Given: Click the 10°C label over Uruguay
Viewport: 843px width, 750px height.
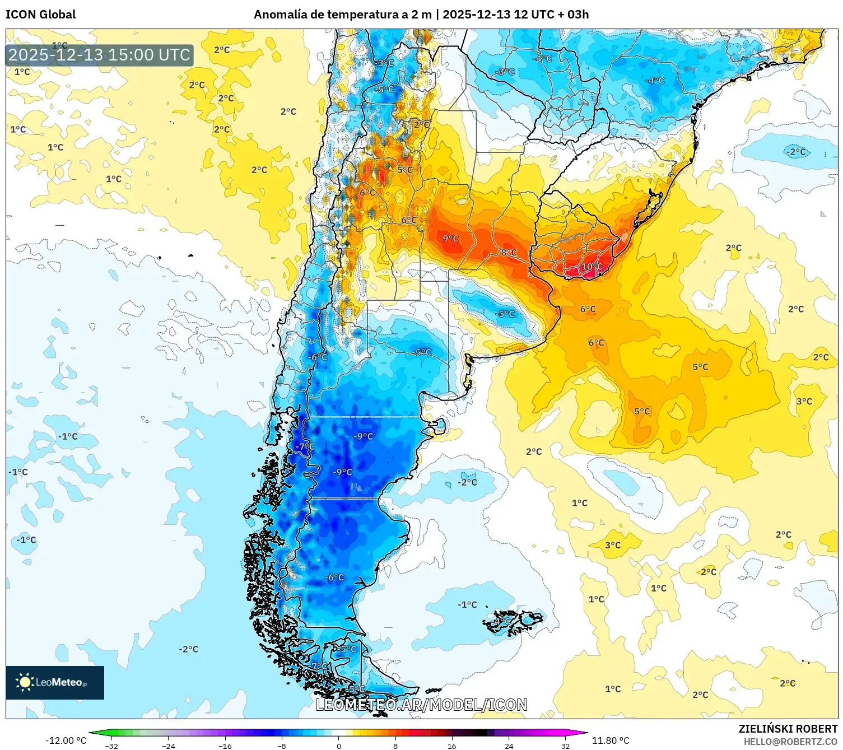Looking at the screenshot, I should pos(592,267).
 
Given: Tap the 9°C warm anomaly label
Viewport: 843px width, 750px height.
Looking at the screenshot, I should pos(450,239).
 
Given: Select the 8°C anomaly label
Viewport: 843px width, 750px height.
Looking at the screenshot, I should pos(509,253).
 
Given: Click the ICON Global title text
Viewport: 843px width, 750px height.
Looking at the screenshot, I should pos(40,15).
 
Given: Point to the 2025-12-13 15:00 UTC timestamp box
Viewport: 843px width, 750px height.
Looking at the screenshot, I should pos(100,55).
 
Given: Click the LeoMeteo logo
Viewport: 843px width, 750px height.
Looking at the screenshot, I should pos(55,682).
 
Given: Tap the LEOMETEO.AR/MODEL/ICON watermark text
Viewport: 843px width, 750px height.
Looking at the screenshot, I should pos(421,705).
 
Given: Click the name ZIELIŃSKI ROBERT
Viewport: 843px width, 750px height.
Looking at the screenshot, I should pos(788,729).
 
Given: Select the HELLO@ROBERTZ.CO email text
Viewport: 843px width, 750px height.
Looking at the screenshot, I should pos(790,742).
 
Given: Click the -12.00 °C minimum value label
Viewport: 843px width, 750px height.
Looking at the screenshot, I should pos(66,740).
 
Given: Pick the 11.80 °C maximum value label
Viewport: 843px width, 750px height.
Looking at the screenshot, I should pos(611,740).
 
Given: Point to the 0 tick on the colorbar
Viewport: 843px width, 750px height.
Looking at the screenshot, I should pos(338,746).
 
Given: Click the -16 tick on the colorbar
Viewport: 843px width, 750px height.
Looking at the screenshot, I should pos(225,746).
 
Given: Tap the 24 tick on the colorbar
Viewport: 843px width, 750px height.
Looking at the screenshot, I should pos(509,746).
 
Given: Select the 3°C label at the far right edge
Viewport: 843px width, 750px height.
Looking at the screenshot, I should pos(804,402).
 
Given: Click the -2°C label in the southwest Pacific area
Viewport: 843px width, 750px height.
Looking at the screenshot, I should pos(189,649).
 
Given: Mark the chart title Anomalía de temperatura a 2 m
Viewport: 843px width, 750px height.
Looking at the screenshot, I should pos(343,15).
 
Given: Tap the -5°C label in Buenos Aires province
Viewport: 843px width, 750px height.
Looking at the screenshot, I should pos(505,314).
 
